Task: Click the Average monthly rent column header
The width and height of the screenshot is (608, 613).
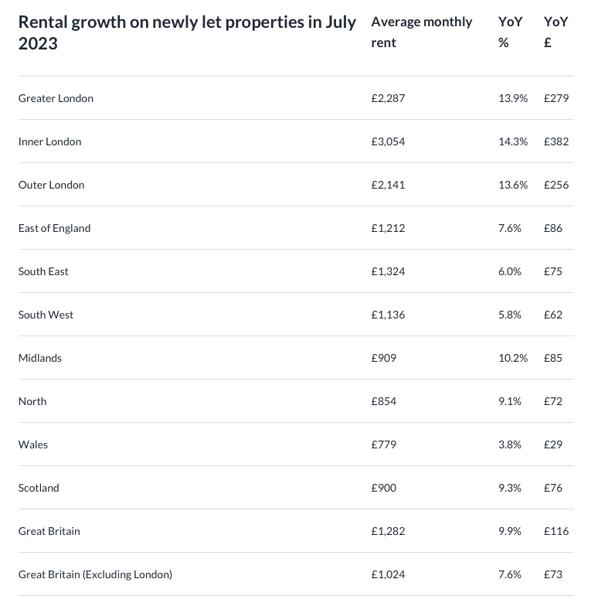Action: tap(421, 32)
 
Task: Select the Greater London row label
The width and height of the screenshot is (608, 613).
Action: tap(56, 98)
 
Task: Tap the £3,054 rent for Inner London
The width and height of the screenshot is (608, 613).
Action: tap(388, 141)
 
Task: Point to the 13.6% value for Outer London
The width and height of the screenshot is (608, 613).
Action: tap(513, 185)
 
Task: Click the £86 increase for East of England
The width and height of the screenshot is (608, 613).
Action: tap(553, 228)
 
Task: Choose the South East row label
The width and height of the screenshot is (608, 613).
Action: tap(43, 271)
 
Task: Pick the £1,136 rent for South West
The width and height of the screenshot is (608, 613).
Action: tap(388, 315)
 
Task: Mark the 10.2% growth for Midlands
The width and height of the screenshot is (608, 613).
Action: tap(513, 358)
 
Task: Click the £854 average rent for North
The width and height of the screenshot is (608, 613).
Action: tap(384, 401)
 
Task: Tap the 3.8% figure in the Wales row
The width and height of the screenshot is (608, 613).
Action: tap(510, 444)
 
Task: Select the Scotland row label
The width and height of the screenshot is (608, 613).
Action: tap(39, 488)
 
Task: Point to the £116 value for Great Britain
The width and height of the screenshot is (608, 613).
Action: tap(556, 531)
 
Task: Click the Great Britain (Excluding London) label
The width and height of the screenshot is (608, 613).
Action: tap(95, 574)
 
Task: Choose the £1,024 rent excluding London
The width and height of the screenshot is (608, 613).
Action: tap(388, 574)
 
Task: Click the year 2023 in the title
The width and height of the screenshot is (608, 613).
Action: tap(38, 43)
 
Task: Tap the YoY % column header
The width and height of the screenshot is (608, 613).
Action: tap(509, 32)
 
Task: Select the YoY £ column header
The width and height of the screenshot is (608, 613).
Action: tap(555, 32)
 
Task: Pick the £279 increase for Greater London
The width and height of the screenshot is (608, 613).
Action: tap(556, 98)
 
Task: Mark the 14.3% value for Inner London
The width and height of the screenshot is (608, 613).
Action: tap(513, 141)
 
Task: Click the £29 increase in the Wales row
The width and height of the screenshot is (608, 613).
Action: tap(553, 444)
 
